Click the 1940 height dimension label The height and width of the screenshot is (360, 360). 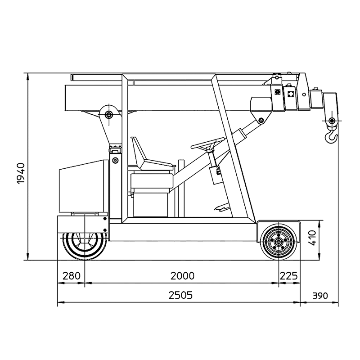[x=21, y=173]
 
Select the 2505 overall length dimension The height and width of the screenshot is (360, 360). [x=180, y=295]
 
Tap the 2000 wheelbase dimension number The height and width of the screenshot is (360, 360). [x=182, y=276]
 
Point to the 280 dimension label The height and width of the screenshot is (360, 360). [x=72, y=276]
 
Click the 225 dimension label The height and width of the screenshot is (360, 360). [x=289, y=276]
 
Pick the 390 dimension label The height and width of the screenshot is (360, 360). [x=320, y=296]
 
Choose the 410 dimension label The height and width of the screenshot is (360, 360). [x=312, y=238]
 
